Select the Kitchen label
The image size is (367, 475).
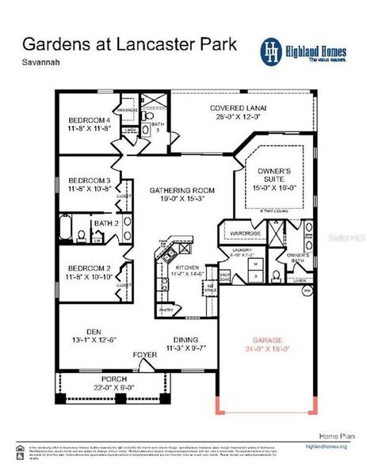pos(187,268)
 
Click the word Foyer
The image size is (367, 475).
pos(145,355)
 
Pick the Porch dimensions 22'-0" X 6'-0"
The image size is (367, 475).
pos(94,387)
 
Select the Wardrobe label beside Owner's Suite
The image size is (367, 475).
pos(246,234)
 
